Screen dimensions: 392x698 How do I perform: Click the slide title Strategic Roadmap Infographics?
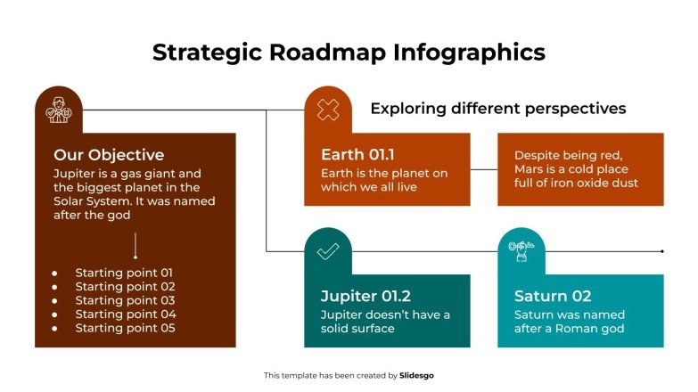coord(349,53)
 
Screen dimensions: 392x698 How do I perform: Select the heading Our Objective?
coord(109,155)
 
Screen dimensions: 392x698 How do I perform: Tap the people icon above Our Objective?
coord(58,110)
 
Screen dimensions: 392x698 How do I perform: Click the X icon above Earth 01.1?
coord(328,110)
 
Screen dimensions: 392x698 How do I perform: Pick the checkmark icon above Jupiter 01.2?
coord(328,251)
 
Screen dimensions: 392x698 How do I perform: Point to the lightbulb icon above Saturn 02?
coord(521,251)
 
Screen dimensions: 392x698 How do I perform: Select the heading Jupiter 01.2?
coord(365,297)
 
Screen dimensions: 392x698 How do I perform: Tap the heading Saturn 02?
coord(553,297)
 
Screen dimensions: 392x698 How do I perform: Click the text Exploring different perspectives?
coord(497,109)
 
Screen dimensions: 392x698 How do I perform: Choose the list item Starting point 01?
coord(125,273)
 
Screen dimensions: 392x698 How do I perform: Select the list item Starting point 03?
coord(125,300)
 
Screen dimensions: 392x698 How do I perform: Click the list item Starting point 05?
coord(125,328)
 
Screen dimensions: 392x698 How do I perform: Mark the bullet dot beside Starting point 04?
coord(54,314)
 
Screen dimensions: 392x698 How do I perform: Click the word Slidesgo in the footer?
coord(417,376)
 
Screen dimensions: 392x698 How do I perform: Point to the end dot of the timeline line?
coord(661,251)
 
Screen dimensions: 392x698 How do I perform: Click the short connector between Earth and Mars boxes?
coord(483,169)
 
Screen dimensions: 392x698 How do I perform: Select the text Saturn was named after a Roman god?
coord(570,322)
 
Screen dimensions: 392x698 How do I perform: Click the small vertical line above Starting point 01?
coord(135,244)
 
